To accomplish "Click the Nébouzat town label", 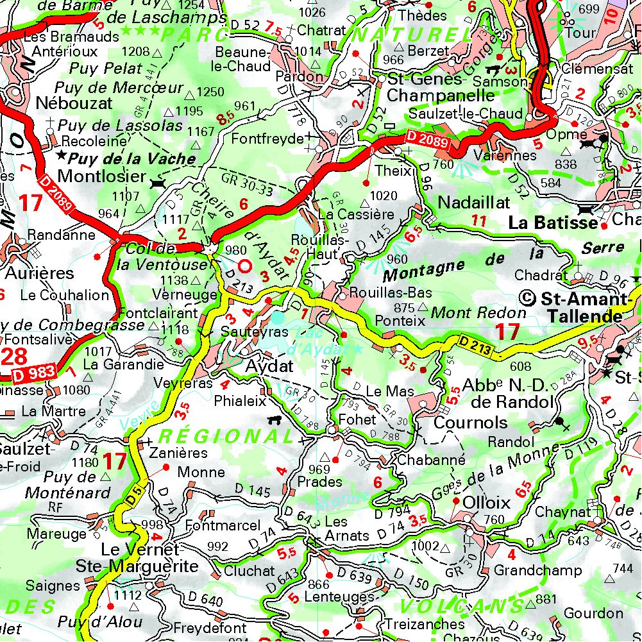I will [x=74, y=103].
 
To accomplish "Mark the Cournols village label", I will [x=471, y=423].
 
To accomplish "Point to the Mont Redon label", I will [x=478, y=314].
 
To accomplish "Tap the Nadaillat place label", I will [x=473, y=203].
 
